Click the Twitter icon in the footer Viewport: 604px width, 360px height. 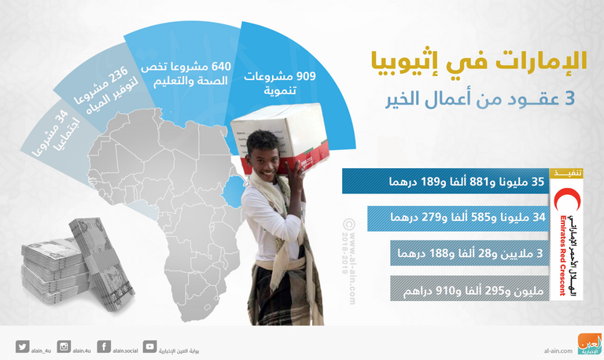(21, 346)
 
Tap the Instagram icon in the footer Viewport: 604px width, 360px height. (64, 346)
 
